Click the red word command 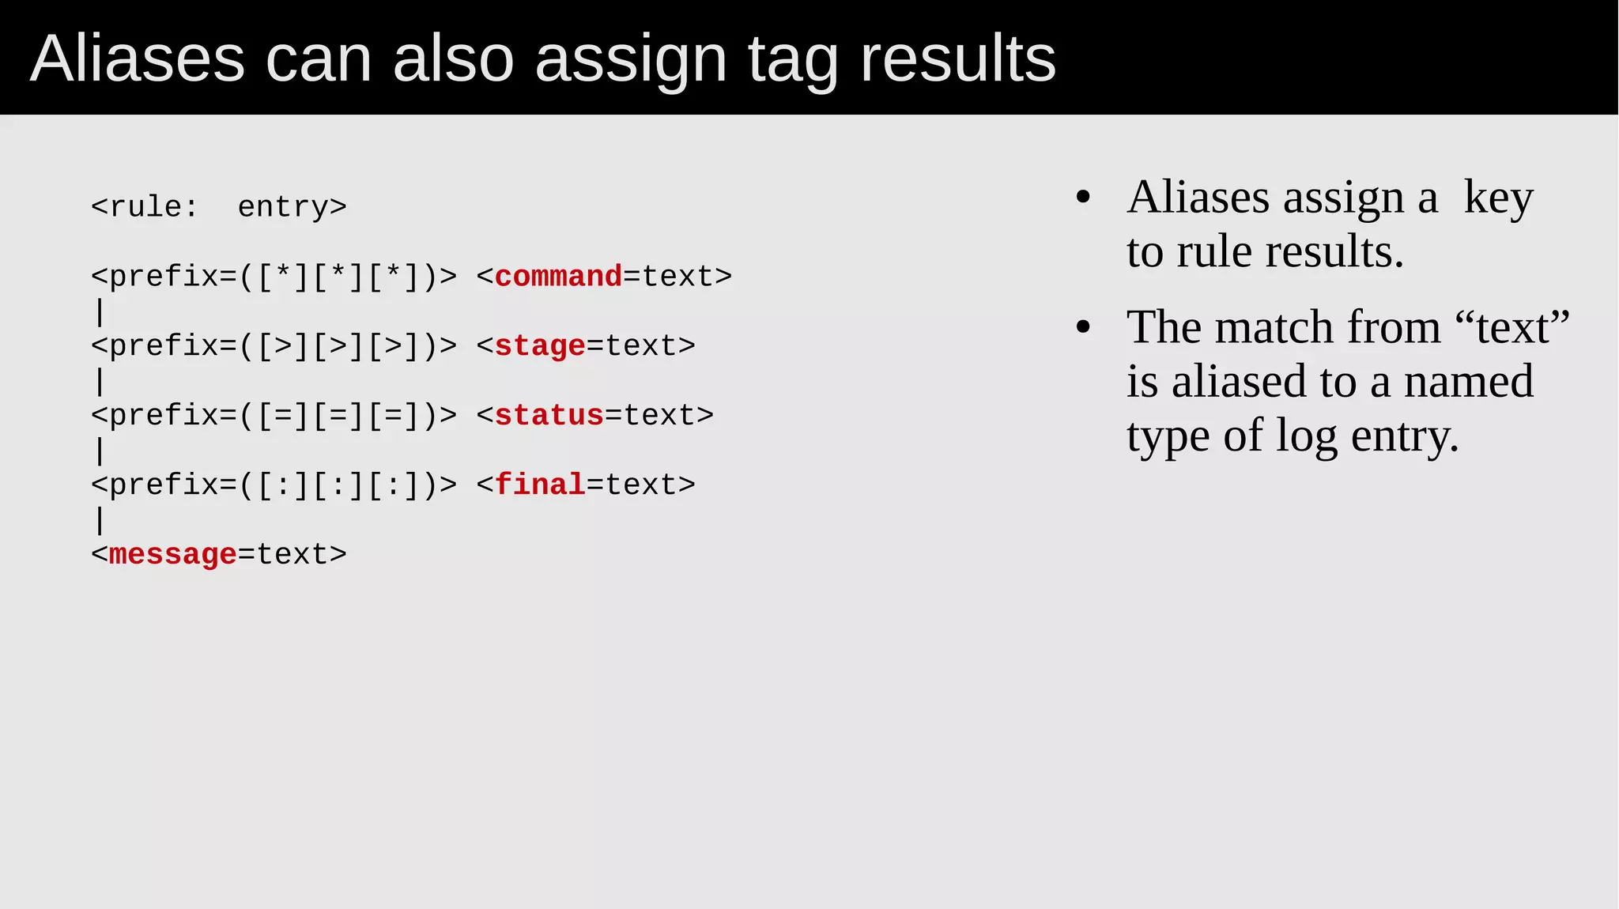tap(558, 277)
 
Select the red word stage tap(540, 346)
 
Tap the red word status tap(549, 416)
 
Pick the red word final tap(540, 485)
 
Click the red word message tap(172, 555)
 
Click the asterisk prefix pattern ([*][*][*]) tap(339, 277)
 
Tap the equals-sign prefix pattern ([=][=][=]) tap(339, 416)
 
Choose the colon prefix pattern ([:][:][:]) tap(339, 485)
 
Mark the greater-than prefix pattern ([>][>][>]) tap(339, 346)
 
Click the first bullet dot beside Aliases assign tap(1083, 198)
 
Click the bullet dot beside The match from tap(1083, 327)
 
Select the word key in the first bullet tap(1498, 198)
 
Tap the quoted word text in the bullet tap(1511, 327)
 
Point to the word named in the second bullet tap(1468, 381)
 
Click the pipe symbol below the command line tap(100, 311)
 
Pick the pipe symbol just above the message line tap(100, 520)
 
